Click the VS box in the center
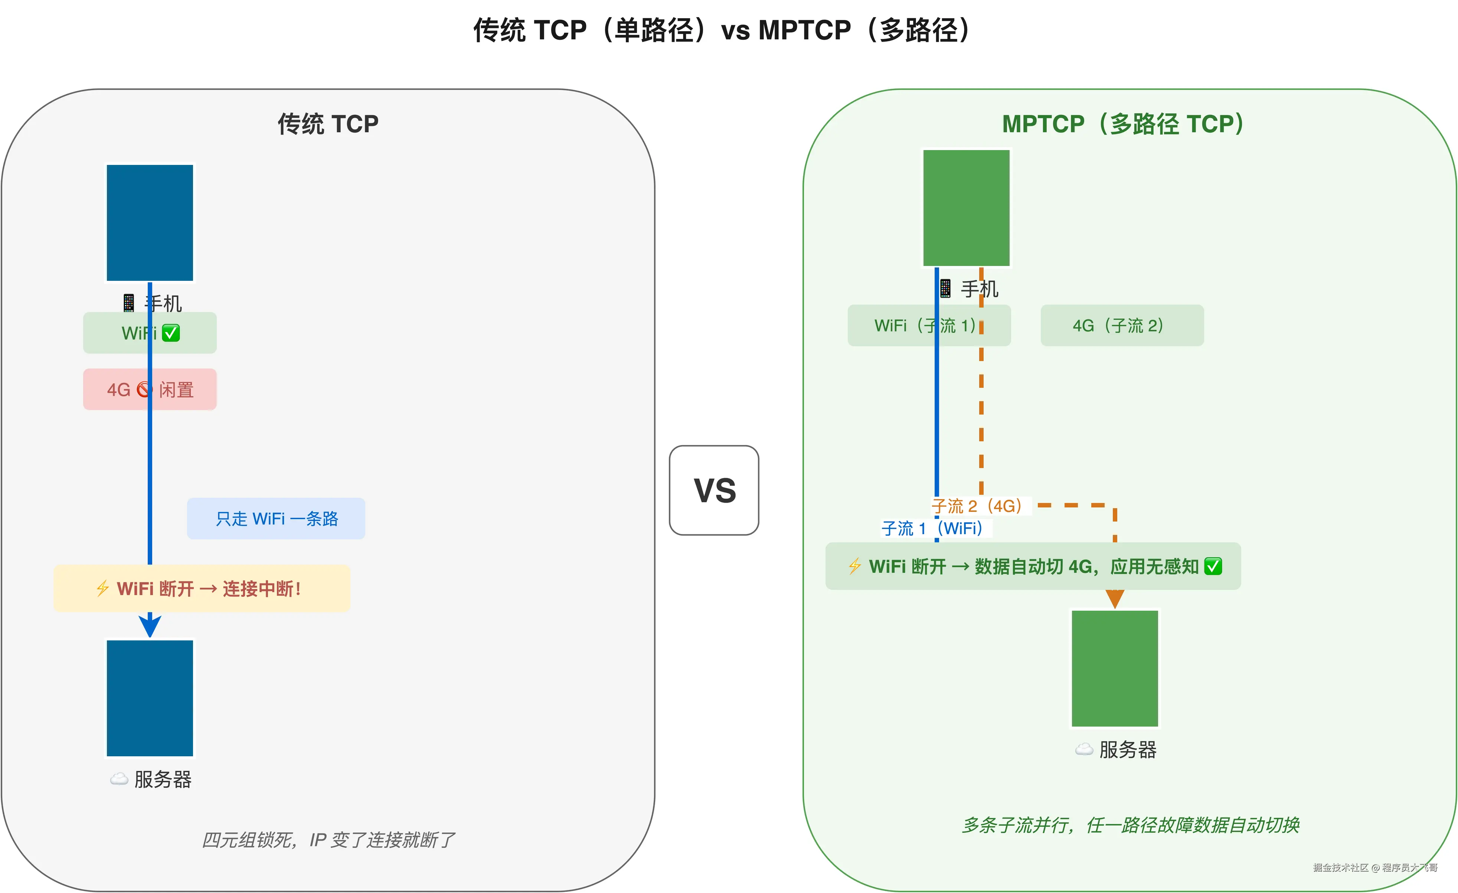click(714, 490)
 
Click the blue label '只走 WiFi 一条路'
click(276, 519)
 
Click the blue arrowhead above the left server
click(150, 625)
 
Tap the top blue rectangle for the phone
click(150, 223)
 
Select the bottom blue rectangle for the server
click(150, 698)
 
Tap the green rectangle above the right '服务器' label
click(1115, 668)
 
